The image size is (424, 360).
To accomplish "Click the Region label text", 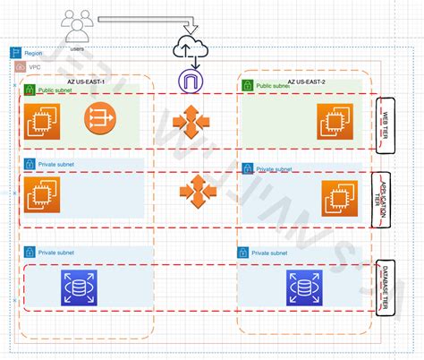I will coord(32,54).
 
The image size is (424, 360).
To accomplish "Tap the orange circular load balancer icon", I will coord(101,118).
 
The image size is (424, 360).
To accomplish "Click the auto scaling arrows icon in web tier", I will coord(191,122).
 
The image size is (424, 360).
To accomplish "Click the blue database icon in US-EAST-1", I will coord(79,287).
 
